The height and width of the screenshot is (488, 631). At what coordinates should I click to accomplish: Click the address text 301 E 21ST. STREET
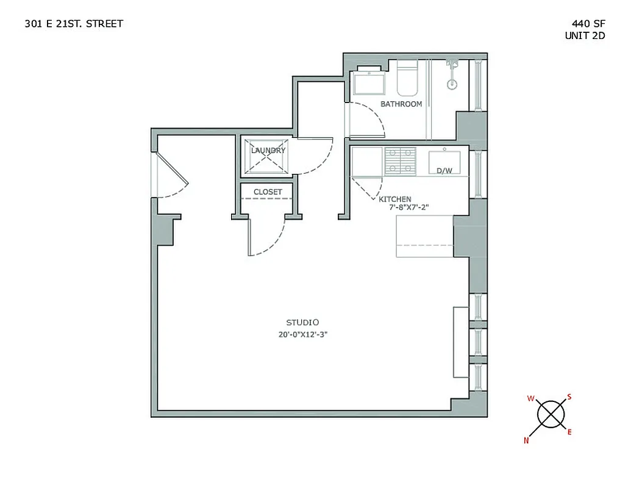tap(74, 24)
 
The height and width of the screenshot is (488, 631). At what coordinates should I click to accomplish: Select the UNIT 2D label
tap(585, 35)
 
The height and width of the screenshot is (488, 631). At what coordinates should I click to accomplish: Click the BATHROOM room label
tap(401, 104)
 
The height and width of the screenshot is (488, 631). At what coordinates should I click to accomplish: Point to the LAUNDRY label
tap(268, 150)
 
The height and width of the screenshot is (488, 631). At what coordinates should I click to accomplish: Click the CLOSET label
tap(268, 192)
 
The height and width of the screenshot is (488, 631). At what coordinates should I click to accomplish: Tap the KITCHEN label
tap(395, 199)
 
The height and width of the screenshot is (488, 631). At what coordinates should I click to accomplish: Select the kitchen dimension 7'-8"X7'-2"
tap(410, 207)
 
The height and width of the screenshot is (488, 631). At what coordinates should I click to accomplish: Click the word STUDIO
tap(303, 322)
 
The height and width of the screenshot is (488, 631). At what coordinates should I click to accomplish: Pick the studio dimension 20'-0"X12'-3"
tap(303, 334)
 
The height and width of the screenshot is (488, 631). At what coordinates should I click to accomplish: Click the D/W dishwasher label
tap(444, 171)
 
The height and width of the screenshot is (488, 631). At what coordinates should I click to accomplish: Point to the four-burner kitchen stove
tap(400, 161)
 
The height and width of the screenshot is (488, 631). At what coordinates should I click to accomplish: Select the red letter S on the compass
tap(569, 396)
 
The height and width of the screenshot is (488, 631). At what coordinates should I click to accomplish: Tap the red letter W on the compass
tap(530, 399)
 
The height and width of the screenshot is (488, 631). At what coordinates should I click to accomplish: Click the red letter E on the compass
tap(569, 432)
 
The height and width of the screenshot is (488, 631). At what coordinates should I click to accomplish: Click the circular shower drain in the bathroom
tap(452, 85)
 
